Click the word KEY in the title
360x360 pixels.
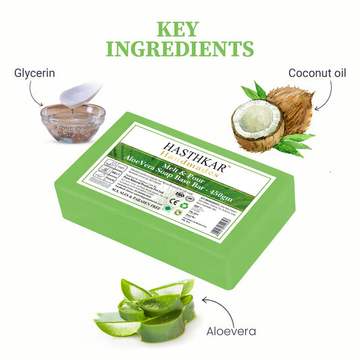179,28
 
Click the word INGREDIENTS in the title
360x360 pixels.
179,49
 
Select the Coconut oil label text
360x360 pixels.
317,72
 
